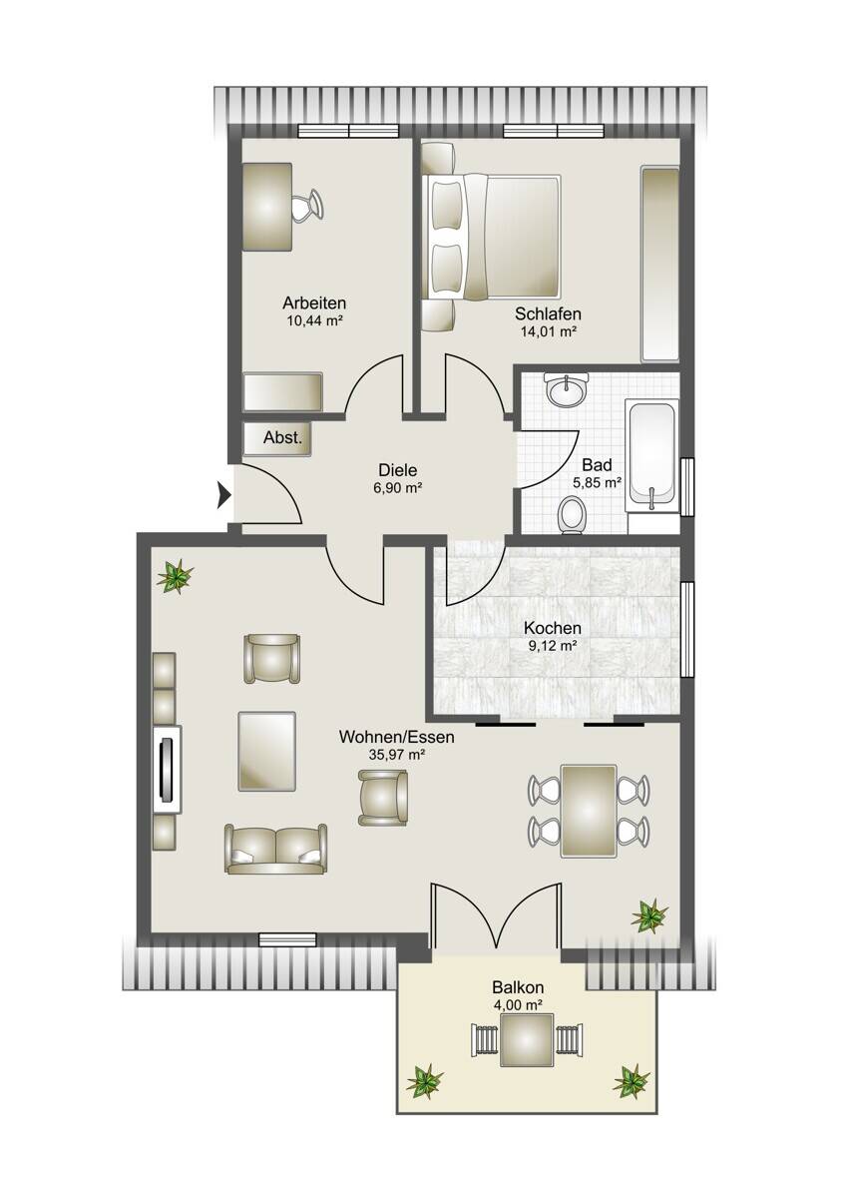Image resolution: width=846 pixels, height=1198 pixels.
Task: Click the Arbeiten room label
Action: coord(313,302)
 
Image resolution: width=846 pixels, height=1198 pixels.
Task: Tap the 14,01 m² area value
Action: coord(549,331)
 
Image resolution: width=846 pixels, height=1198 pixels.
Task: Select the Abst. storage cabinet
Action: coord(277,438)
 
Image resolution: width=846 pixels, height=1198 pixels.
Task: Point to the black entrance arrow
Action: coord(223,495)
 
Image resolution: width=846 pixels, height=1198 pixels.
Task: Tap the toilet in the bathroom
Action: coord(572,514)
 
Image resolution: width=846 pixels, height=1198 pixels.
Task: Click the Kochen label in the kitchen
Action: coord(552,627)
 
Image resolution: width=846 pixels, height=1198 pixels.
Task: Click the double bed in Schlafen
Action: coord(491,236)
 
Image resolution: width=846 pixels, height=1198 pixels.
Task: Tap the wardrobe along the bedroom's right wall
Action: coord(660,265)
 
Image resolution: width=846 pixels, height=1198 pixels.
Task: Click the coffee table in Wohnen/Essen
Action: coord(266,751)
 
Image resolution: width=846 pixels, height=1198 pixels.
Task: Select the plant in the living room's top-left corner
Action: coord(175,576)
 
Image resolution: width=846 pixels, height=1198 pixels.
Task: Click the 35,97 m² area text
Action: coord(396,755)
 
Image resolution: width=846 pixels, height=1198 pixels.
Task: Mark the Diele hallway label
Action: coord(398,470)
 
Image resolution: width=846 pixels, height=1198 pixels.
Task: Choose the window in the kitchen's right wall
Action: coord(687,630)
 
